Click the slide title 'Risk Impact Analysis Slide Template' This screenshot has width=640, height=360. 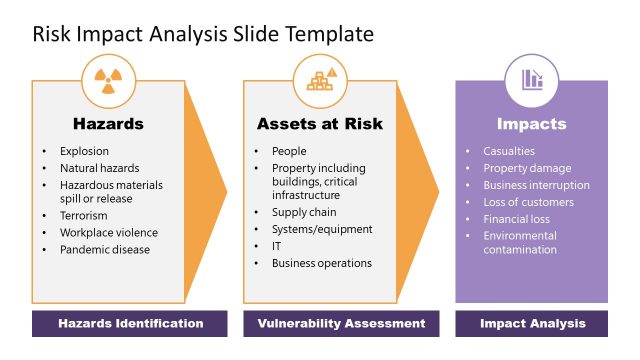203,34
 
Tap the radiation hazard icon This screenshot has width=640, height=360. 108,79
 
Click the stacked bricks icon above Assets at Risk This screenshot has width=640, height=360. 320,79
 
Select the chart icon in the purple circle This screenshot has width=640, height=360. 531,79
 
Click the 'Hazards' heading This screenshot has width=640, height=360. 108,125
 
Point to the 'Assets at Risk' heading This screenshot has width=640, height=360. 320,125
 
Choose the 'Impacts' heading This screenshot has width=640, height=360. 531,125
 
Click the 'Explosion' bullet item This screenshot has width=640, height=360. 84,152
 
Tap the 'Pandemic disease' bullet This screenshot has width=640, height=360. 104,249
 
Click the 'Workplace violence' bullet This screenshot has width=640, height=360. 108,233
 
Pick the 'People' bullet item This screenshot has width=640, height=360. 289,152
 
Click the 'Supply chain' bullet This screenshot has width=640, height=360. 304,213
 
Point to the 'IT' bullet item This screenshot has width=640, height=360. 277,246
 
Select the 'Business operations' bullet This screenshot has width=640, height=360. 321,263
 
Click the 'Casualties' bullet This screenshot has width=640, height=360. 508,152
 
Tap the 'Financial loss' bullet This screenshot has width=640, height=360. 517,218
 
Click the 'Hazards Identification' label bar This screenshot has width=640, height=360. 130,324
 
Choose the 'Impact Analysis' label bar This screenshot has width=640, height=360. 531,324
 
